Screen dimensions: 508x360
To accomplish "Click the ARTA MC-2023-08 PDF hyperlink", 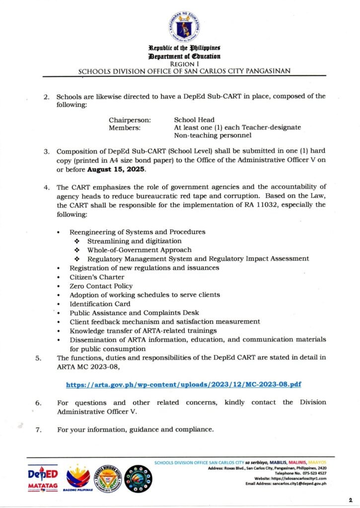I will [184, 384].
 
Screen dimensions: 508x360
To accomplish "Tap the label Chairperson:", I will [130, 120].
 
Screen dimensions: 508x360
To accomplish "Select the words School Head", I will [194, 120].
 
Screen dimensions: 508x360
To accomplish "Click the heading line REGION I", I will [184, 64].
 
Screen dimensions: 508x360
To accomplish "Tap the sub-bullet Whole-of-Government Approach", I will [139, 250].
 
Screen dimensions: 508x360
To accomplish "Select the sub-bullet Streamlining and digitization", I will [134, 241].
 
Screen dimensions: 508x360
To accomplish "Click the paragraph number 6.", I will [38, 402].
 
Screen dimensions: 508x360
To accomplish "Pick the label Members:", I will [124, 127].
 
